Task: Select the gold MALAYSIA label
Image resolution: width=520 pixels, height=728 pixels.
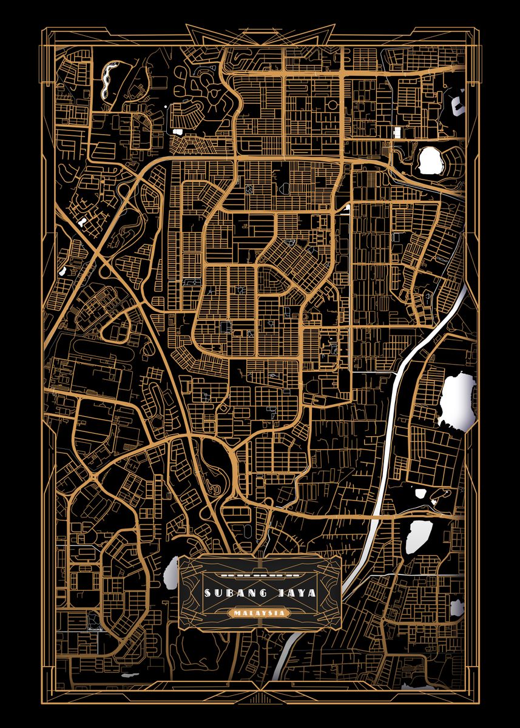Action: click(x=259, y=613)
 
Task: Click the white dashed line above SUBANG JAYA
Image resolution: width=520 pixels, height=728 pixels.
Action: click(x=259, y=574)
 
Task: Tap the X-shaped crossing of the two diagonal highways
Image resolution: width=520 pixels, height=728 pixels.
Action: click(x=101, y=257)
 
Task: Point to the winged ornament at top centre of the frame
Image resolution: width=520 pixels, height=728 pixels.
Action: click(x=260, y=33)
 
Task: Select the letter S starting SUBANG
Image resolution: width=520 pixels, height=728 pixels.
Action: click(x=208, y=593)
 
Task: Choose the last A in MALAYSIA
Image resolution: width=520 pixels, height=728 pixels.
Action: click(x=283, y=613)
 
